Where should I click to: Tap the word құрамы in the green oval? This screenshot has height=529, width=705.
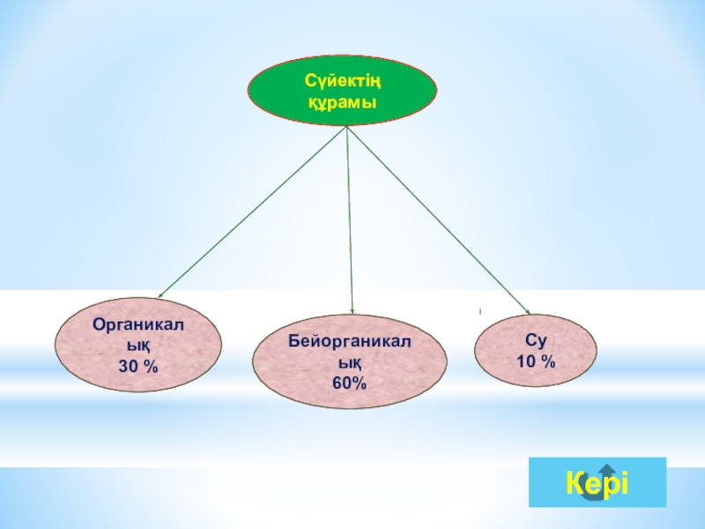[341, 103]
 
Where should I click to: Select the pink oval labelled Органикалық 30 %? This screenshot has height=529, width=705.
[137, 345]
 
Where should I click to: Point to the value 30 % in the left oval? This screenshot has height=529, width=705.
[138, 365]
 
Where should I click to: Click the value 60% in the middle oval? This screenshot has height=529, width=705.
[350, 383]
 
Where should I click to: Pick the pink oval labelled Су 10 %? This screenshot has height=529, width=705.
[535, 351]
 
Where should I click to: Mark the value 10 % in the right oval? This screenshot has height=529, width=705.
[535, 361]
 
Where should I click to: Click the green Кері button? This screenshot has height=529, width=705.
[597, 482]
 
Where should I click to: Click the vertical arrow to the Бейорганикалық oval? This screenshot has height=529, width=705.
[350, 220]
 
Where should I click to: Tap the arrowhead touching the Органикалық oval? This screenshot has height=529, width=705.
[161, 295]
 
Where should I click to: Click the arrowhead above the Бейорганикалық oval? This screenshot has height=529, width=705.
[352, 309]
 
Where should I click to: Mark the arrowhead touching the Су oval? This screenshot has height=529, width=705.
[526, 310]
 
